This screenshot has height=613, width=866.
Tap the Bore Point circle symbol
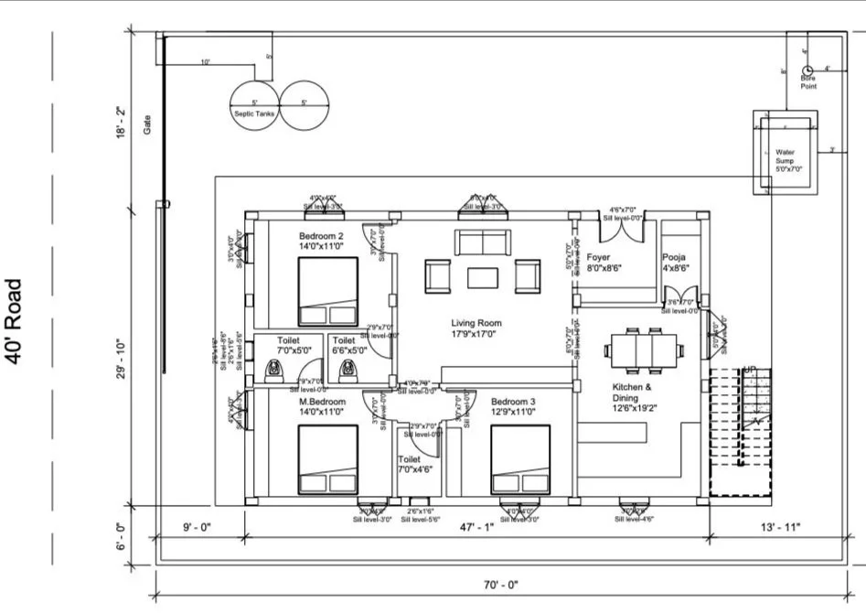tap(807, 70)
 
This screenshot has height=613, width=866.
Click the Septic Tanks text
tap(254, 113)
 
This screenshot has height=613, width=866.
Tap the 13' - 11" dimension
tap(781, 526)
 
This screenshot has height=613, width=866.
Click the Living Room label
tap(476, 323)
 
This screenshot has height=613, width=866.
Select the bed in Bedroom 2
tap(327, 291)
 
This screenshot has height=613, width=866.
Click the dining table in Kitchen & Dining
tap(643, 349)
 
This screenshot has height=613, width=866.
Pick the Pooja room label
tap(675, 263)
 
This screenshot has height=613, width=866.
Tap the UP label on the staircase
tap(750, 370)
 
